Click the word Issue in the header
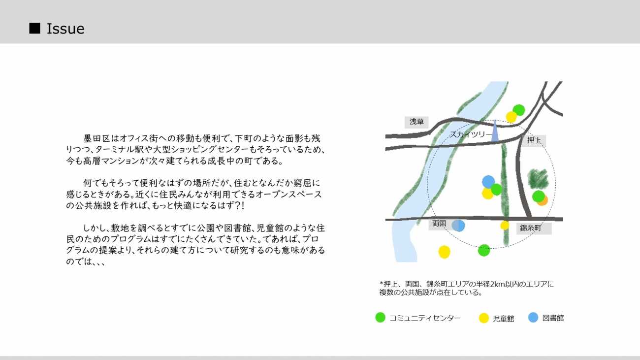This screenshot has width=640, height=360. pyautogui.click(x=65, y=29)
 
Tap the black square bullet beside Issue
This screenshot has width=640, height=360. pyautogui.click(x=34, y=28)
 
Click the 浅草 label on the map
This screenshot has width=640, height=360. pyautogui.click(x=416, y=122)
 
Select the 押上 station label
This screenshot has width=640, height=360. pyautogui.click(x=534, y=140)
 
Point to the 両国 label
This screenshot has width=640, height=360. pyautogui.click(x=439, y=224)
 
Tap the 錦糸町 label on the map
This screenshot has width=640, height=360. pyautogui.click(x=530, y=228)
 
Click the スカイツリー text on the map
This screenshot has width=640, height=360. pyautogui.click(x=471, y=134)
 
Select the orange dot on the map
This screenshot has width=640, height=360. pyautogui.click(x=543, y=201)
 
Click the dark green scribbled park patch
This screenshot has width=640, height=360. pyautogui.click(x=538, y=179)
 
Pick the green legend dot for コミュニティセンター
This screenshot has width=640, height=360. pyautogui.click(x=380, y=318)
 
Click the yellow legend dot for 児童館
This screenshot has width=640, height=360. pyautogui.click(x=484, y=318)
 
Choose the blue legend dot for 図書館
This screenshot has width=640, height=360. pyautogui.click(x=533, y=318)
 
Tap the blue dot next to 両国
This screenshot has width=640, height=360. pyautogui.click(x=458, y=226)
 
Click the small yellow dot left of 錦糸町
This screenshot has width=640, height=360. pyautogui.click(x=505, y=226)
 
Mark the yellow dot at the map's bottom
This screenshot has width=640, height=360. pyautogui.click(x=444, y=252)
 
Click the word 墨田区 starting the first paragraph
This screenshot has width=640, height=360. pyautogui.click(x=96, y=138)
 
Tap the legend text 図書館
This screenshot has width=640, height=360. pyautogui.click(x=553, y=318)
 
